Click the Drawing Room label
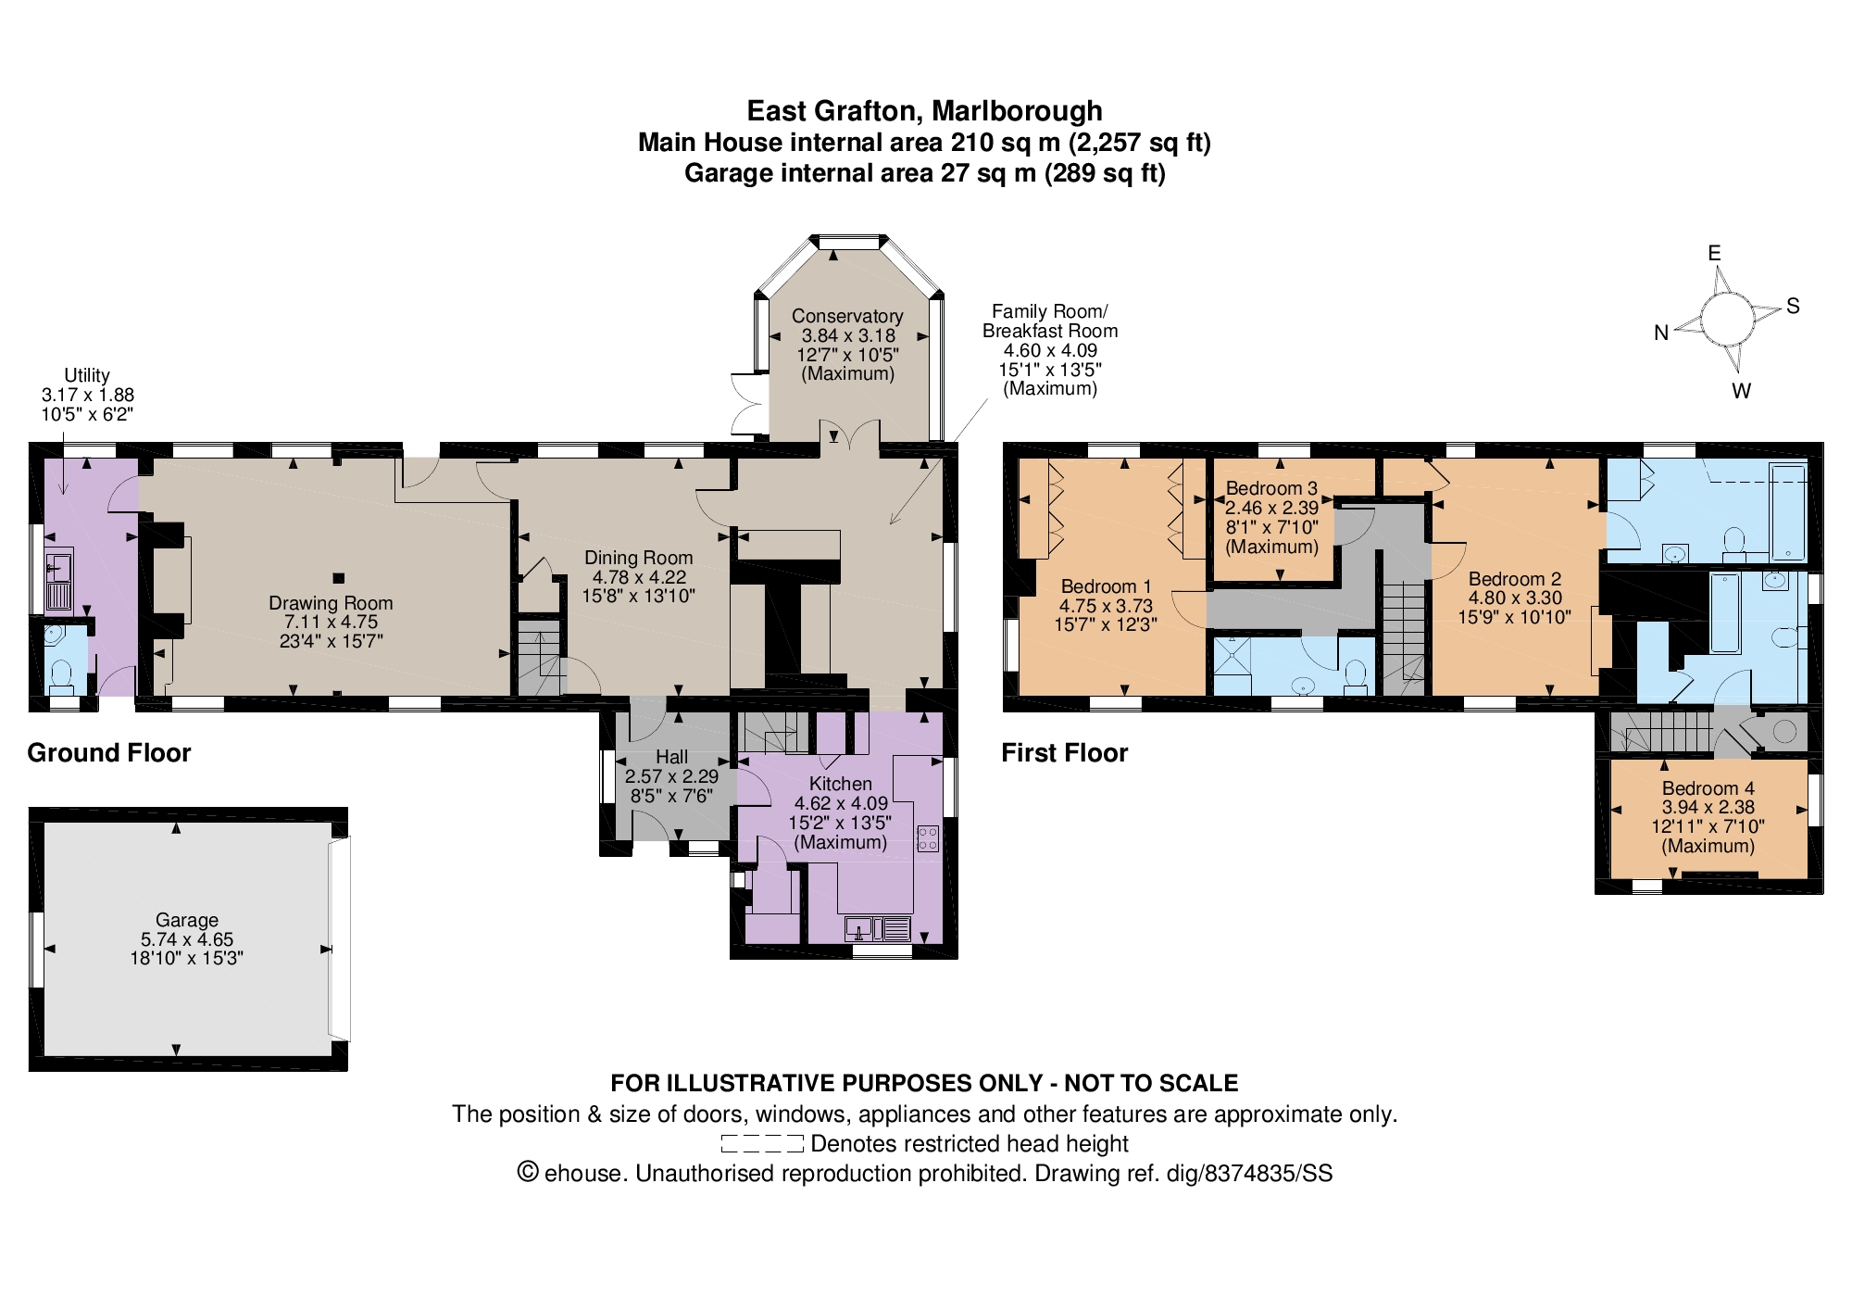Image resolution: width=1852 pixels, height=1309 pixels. click(x=331, y=603)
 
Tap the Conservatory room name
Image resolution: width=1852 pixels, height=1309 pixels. click(x=847, y=316)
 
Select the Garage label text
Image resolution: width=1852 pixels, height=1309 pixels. click(x=187, y=920)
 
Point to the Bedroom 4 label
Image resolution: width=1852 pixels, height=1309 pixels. click(x=1708, y=788)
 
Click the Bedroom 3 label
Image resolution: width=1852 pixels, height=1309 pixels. click(x=1271, y=488)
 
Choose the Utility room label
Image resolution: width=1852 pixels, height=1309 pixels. click(x=87, y=375)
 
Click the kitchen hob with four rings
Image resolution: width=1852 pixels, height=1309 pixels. click(x=928, y=838)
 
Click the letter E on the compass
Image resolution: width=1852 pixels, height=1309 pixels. click(x=1714, y=253)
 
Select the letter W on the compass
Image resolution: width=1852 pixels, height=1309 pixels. click(x=1742, y=391)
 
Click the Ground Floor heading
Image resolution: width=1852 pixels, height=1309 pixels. click(x=109, y=752)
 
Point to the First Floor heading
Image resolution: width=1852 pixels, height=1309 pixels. click(x=1065, y=752)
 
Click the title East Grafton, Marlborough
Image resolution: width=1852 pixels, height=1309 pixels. click(x=925, y=111)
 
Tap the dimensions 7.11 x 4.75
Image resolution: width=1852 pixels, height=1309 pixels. click(x=331, y=623)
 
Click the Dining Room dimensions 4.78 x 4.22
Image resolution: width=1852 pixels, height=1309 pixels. click(x=639, y=576)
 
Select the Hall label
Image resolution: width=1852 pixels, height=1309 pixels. click(x=671, y=757)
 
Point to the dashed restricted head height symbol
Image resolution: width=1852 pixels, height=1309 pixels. click(x=762, y=1144)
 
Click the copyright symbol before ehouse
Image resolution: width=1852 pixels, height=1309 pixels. click(x=527, y=1173)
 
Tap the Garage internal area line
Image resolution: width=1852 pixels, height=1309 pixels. click(x=925, y=173)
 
